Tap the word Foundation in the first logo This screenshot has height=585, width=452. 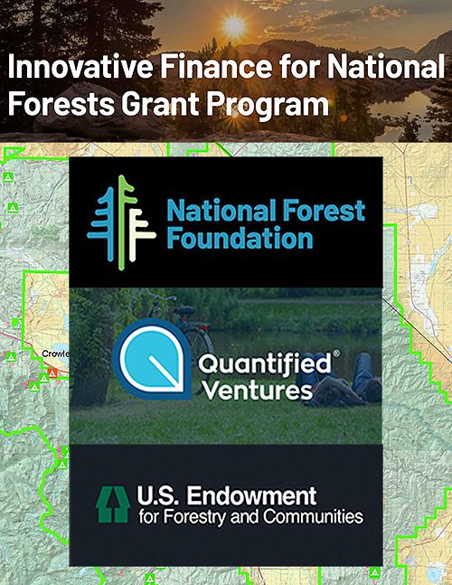click(240, 239)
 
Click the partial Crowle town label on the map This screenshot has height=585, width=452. click(54, 354)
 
